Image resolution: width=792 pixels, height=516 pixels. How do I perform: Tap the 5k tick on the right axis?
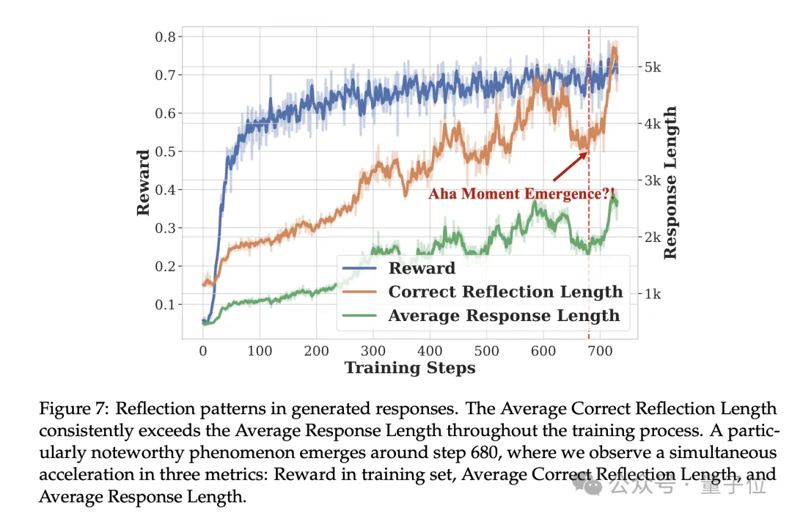(652, 67)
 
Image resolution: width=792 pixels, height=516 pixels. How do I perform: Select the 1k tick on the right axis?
(652, 294)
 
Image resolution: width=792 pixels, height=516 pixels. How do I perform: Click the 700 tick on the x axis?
(600, 351)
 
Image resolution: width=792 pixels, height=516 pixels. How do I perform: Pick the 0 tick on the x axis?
(203, 351)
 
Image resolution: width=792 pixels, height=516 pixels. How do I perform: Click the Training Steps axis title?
(410, 368)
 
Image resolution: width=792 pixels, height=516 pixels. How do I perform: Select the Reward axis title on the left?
(143, 183)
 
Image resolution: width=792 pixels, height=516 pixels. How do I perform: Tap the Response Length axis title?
(670, 183)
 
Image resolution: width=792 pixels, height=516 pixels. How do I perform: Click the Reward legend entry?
(422, 268)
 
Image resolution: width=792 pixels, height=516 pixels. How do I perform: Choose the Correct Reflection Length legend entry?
(505, 292)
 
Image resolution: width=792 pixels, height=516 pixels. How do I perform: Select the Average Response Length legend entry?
(504, 316)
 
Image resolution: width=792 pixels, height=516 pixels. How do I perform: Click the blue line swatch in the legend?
(361, 268)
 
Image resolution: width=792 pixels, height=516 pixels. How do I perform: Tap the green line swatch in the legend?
(361, 316)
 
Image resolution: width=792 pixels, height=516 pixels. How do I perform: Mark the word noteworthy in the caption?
(161, 453)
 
